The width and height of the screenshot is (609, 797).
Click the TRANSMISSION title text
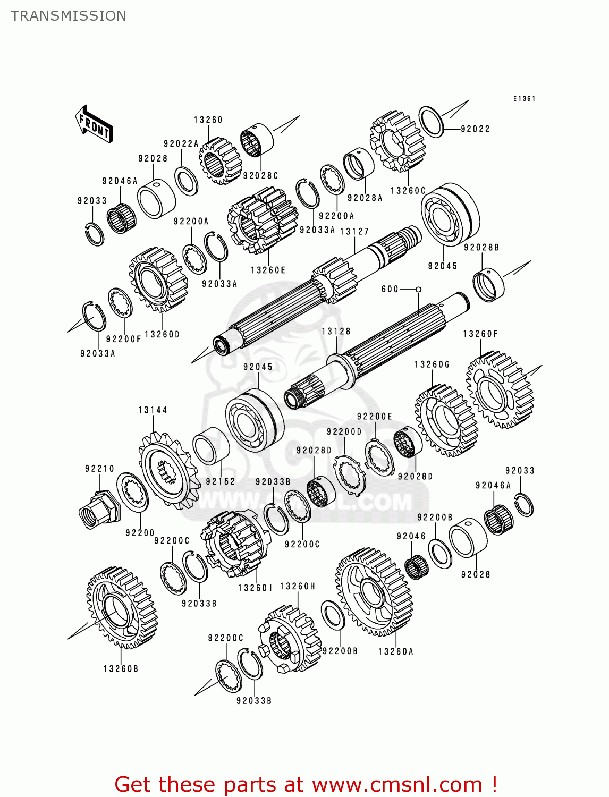[69, 16]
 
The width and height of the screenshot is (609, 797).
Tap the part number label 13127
[354, 231]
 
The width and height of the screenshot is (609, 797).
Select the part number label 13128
[336, 331]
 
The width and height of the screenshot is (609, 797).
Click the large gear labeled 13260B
[122, 607]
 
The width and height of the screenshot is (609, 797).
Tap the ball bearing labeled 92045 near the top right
[450, 215]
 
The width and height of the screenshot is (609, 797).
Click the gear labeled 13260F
[500, 389]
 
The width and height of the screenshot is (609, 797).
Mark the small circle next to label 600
[418, 290]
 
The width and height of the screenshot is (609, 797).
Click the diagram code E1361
[524, 98]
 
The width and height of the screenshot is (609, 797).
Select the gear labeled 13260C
[398, 141]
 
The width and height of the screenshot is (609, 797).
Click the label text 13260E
[268, 270]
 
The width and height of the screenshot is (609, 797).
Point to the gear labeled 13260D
[158, 279]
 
